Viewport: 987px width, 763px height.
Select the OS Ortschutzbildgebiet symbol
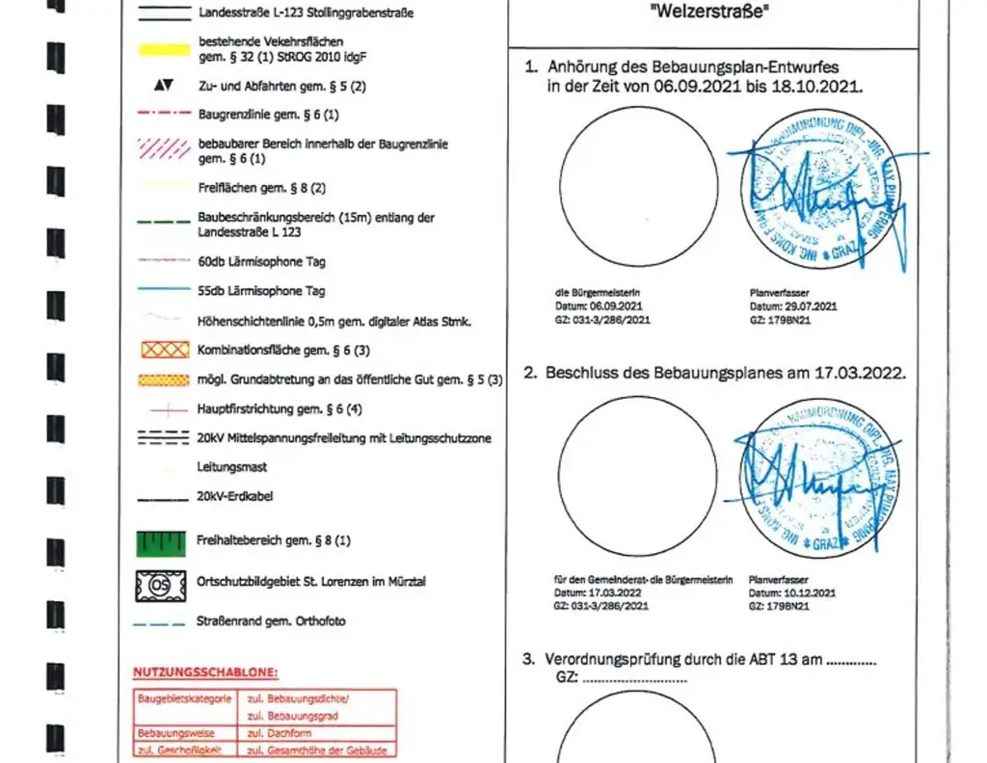(x=160, y=585)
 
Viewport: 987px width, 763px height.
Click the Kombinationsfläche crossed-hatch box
(x=164, y=351)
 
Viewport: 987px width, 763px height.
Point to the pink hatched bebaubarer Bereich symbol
(x=163, y=148)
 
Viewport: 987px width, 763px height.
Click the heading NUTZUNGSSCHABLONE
(x=205, y=671)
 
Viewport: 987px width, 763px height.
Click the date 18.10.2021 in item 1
(x=824, y=86)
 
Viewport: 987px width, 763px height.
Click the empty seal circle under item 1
(x=639, y=185)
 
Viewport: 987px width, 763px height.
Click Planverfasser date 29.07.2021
(x=812, y=305)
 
